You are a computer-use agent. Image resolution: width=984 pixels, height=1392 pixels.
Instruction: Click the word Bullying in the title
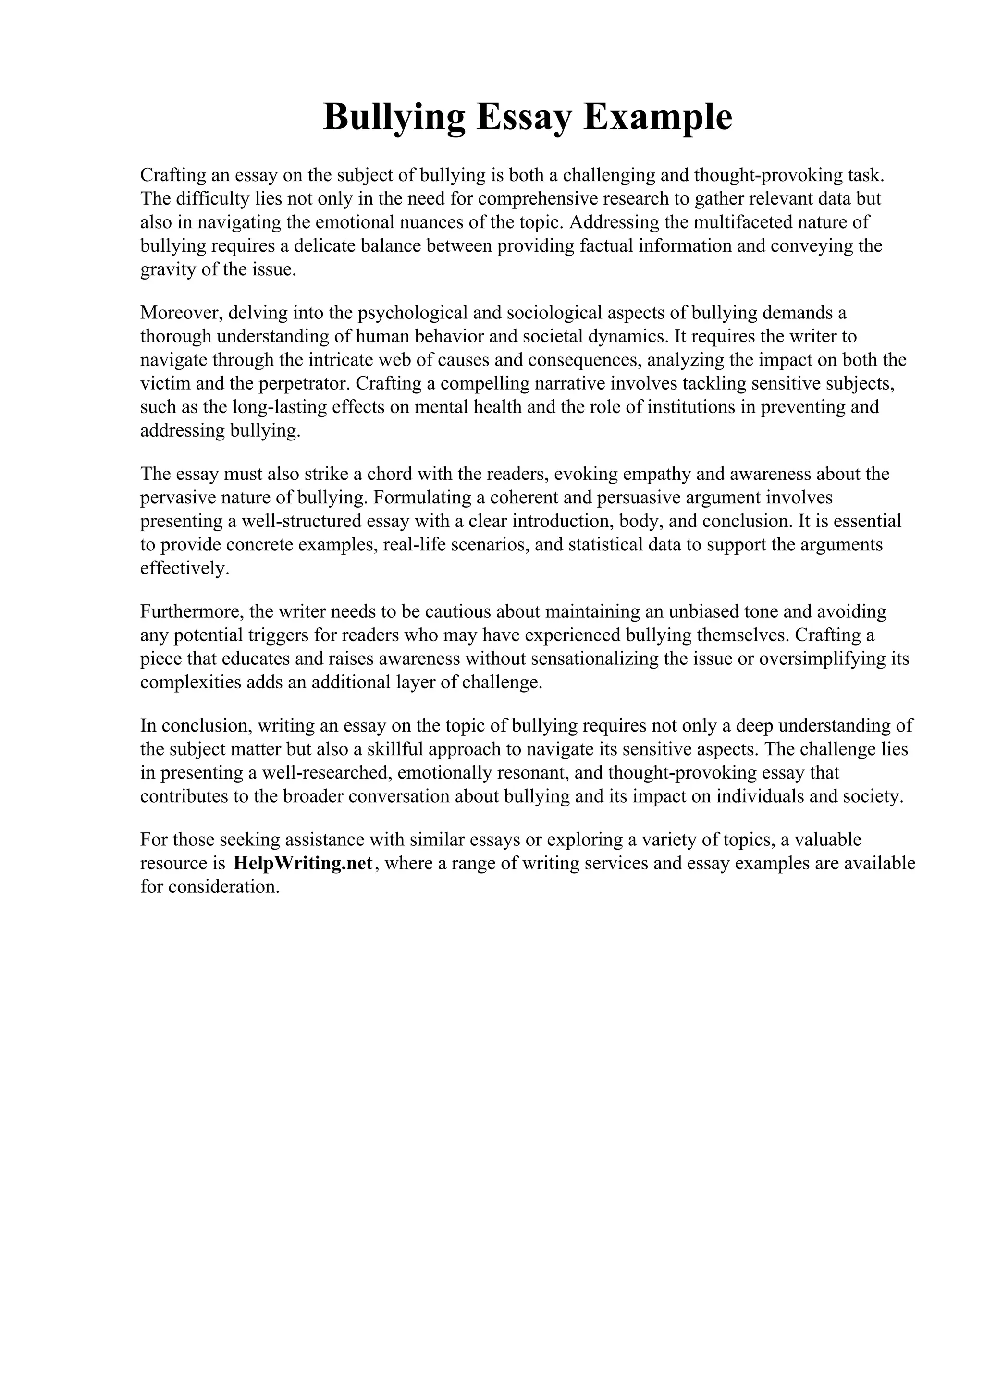(x=394, y=117)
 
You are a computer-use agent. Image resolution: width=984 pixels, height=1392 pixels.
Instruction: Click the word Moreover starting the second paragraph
(x=182, y=313)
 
